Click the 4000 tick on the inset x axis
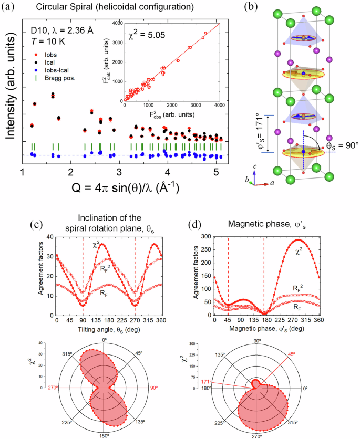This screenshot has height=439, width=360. click(x=219, y=105)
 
